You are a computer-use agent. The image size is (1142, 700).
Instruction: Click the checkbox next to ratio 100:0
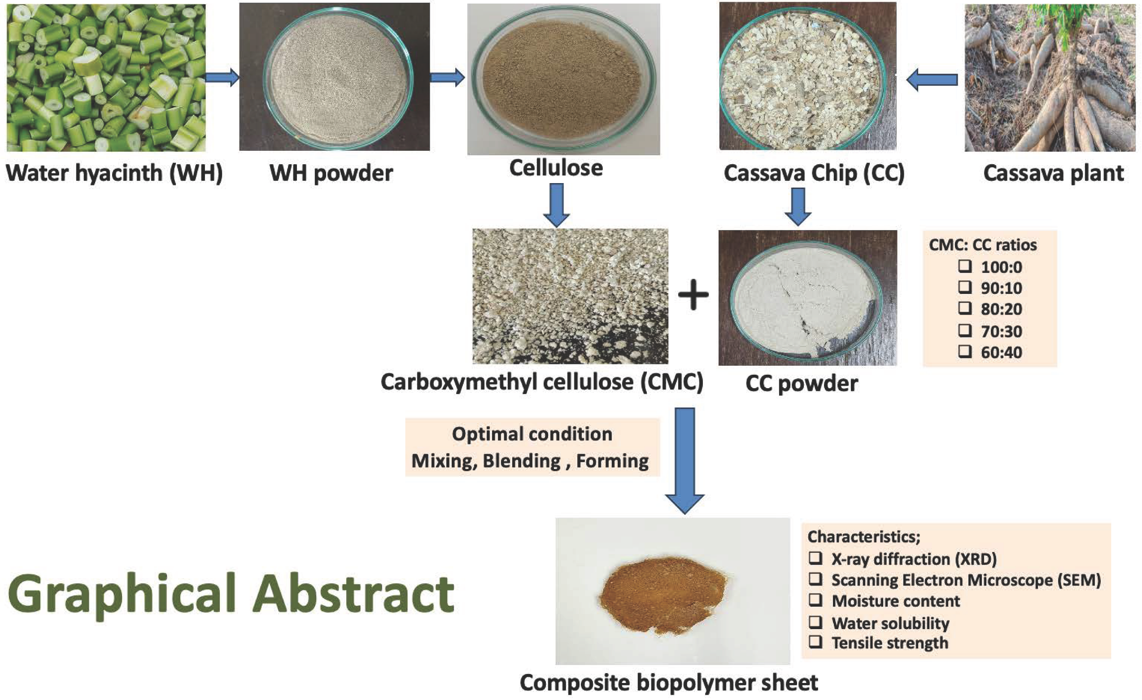[965, 266]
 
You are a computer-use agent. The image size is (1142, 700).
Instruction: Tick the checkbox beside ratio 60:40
[965, 351]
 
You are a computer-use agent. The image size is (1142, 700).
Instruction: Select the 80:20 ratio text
[1001, 309]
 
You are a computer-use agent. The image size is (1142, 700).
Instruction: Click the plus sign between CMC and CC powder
[693, 294]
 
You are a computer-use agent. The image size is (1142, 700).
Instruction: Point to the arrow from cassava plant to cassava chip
[932, 80]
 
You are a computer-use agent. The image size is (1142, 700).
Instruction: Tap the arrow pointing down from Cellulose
[556, 205]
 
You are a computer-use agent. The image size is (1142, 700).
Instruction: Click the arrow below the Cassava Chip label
[798, 206]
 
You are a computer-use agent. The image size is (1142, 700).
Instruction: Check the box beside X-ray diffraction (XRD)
[816, 558]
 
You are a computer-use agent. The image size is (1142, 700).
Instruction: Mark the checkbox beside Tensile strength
[816, 642]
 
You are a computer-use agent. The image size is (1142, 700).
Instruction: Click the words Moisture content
[895, 601]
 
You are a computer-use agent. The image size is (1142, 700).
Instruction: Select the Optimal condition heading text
[532, 434]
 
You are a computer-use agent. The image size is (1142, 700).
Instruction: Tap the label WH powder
[331, 173]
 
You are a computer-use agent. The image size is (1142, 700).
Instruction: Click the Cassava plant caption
[1053, 173]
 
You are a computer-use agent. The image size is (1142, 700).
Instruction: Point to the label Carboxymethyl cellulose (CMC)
[542, 382]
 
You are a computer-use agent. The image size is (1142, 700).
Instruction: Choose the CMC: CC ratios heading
[983, 245]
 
